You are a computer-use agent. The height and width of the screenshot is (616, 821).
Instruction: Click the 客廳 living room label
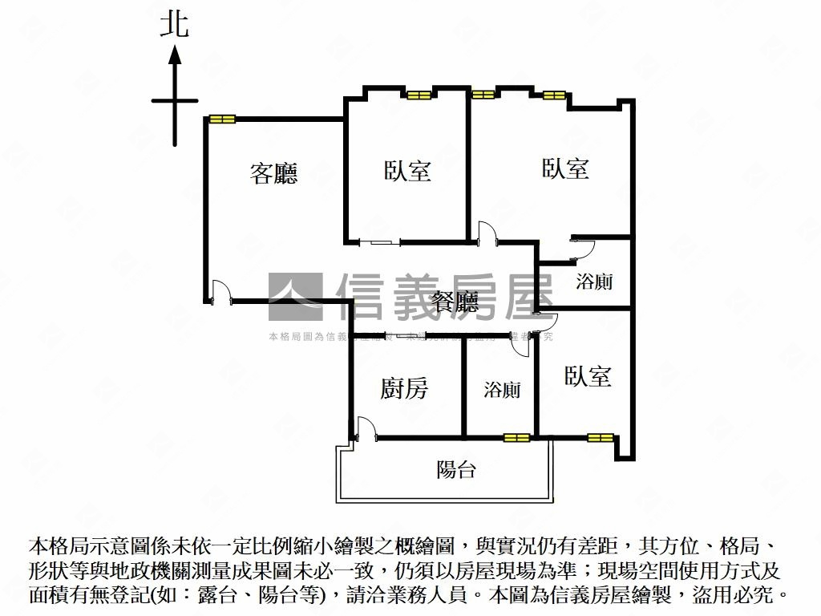point(273,173)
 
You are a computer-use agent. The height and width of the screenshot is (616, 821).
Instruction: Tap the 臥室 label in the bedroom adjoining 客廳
point(407,171)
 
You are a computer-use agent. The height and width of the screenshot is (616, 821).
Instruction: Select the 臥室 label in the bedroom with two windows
point(565,168)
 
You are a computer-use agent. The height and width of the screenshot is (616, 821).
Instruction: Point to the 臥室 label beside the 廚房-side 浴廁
point(588,376)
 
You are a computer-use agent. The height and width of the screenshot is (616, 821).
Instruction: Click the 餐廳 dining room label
point(455,302)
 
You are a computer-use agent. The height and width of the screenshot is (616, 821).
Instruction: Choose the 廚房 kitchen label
point(404,389)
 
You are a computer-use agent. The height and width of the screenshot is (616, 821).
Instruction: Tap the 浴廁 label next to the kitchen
point(502,390)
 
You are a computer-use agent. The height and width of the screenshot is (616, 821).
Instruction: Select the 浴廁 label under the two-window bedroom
point(595,282)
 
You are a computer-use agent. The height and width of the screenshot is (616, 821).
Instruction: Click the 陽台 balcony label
point(456,469)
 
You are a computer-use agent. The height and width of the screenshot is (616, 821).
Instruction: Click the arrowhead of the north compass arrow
point(175,55)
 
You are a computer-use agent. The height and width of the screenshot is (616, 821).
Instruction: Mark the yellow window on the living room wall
point(222,120)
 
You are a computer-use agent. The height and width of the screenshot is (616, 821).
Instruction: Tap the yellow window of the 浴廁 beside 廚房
point(517,437)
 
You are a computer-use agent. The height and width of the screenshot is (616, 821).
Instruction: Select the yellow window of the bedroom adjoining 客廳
point(419,95)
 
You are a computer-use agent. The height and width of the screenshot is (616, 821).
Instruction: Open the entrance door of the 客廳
point(220,291)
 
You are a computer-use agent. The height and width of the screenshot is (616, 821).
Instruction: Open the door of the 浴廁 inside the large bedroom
point(581,247)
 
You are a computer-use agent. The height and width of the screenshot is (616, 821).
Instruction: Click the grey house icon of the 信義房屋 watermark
point(296,297)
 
